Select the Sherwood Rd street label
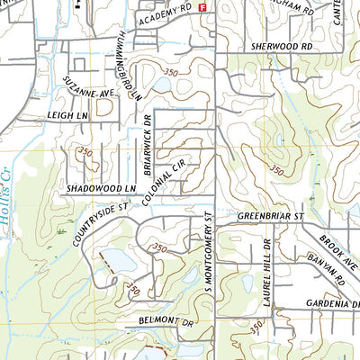point(281,44)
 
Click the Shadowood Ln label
point(100,188)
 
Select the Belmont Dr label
point(166,320)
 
